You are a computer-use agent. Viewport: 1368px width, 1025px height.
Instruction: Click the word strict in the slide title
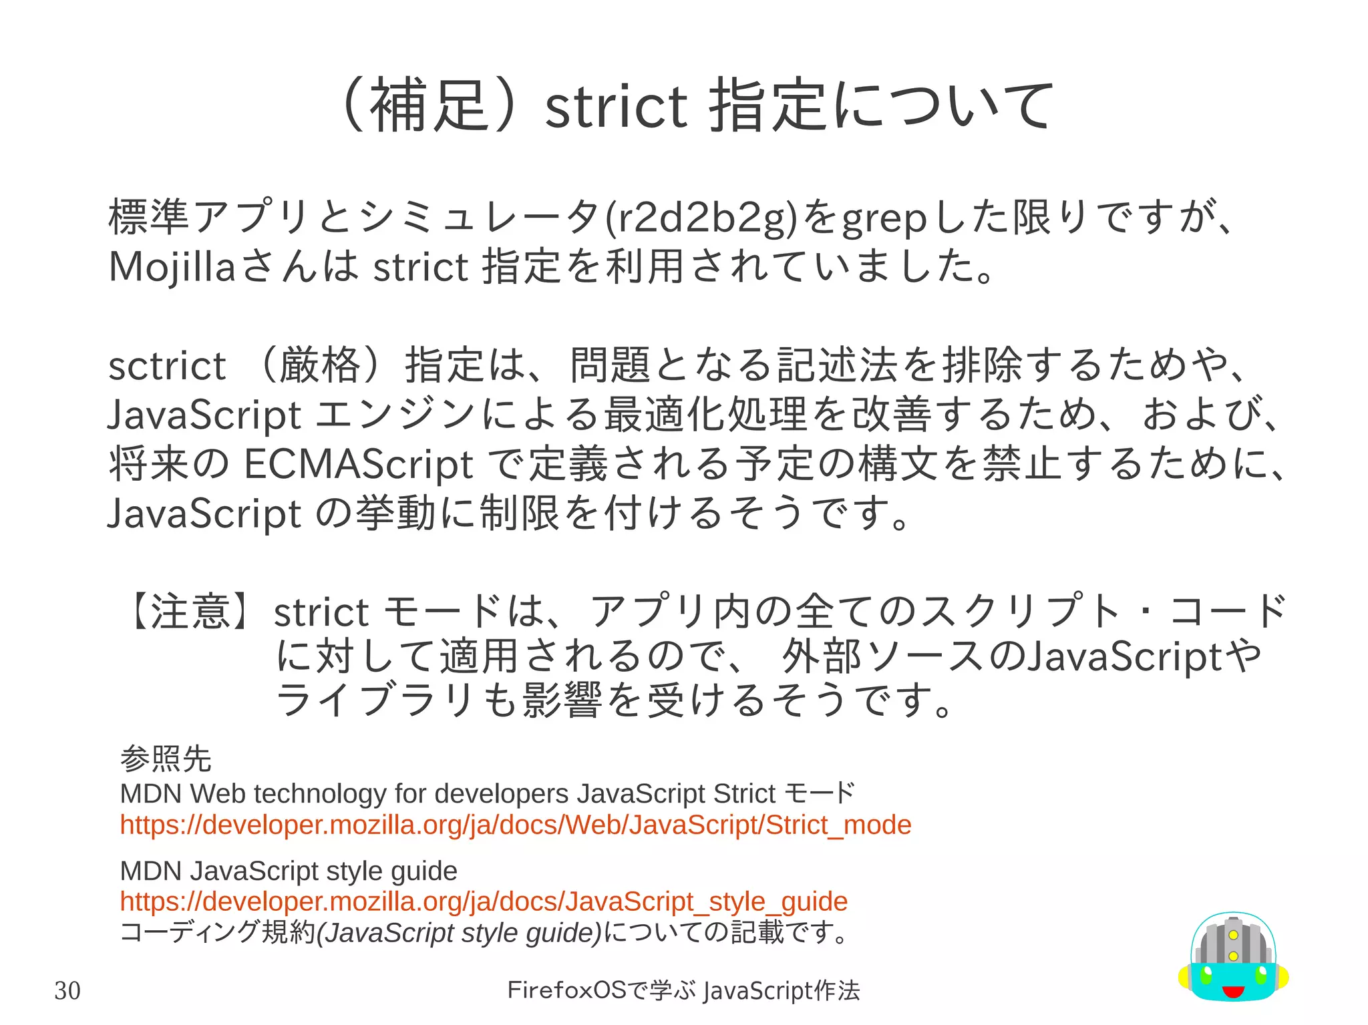pos(615,107)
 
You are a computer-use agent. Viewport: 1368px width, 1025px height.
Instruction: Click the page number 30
pos(67,990)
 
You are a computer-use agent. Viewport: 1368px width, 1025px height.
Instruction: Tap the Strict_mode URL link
pos(515,825)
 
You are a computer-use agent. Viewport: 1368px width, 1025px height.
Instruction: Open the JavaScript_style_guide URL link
pos(484,901)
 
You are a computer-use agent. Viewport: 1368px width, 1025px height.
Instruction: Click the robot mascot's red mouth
pos(1232,991)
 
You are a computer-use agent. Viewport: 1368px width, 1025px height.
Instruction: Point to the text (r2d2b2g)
pos(702,218)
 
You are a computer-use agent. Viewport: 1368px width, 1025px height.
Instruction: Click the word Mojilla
pos(172,267)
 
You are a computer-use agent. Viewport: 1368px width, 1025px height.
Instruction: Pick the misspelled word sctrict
pos(167,367)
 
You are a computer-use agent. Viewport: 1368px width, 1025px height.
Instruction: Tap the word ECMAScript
pos(359,465)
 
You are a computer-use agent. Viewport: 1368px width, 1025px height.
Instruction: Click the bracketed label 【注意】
pos(190,611)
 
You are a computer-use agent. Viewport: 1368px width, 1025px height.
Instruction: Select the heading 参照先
pos(166,759)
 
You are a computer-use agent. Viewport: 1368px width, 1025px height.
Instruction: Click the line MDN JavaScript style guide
pos(289,871)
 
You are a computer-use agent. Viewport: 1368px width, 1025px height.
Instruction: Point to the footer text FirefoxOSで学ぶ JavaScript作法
pos(683,990)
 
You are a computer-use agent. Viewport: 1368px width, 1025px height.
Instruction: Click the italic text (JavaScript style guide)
pos(459,933)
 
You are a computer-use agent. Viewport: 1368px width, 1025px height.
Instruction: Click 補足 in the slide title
pos(427,106)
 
